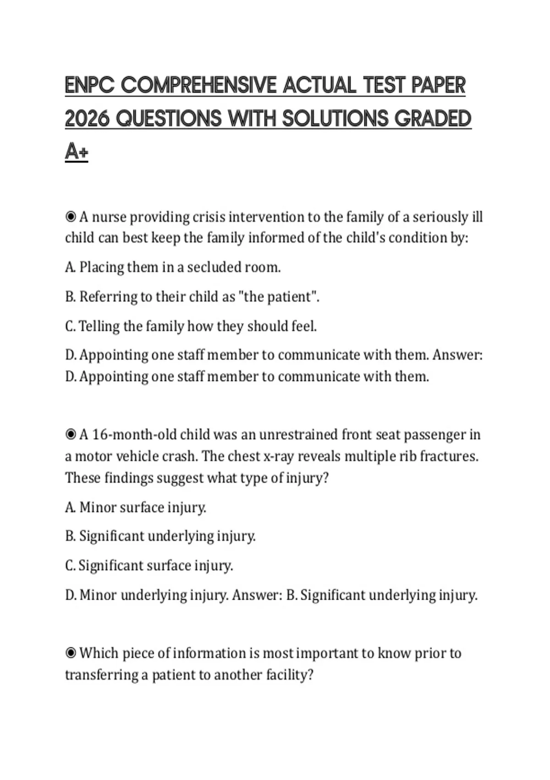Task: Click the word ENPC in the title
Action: (x=89, y=85)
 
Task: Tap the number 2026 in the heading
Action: (x=87, y=118)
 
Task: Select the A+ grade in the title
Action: (x=77, y=151)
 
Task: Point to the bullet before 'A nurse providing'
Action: (x=71, y=216)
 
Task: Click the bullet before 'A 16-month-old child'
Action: (x=71, y=434)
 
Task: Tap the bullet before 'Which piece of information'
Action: (x=71, y=652)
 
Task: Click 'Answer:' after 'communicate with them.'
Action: (x=457, y=355)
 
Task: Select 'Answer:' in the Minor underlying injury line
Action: (x=257, y=595)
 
